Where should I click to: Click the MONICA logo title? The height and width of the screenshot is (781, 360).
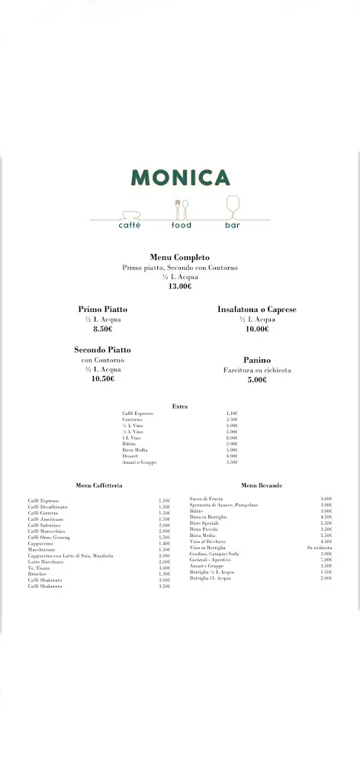[180, 178]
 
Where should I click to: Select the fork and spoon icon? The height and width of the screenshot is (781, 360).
[181, 209]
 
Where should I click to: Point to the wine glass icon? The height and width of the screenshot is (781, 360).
[233, 207]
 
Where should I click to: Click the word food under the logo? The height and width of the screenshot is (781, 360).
[181, 226]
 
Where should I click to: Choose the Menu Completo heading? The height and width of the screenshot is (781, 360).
[180, 258]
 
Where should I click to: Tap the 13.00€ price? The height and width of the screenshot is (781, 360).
[180, 286]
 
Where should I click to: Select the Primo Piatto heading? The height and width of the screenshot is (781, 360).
[102, 309]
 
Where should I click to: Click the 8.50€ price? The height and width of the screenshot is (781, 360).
[102, 329]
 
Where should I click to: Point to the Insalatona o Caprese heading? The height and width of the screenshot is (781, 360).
[257, 309]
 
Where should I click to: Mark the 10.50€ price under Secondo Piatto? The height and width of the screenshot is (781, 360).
[102, 379]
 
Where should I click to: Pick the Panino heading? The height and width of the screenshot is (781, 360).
[257, 360]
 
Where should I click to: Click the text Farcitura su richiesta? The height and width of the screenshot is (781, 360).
[257, 370]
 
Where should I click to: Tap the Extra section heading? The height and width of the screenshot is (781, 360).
[180, 407]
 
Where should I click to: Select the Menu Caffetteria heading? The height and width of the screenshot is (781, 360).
[99, 485]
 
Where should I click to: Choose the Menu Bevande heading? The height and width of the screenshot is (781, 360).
[262, 485]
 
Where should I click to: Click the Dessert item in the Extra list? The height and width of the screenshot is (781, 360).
[131, 456]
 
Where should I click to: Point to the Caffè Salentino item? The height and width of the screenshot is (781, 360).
[45, 525]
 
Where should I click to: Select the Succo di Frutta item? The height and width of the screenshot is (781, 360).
[207, 499]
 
